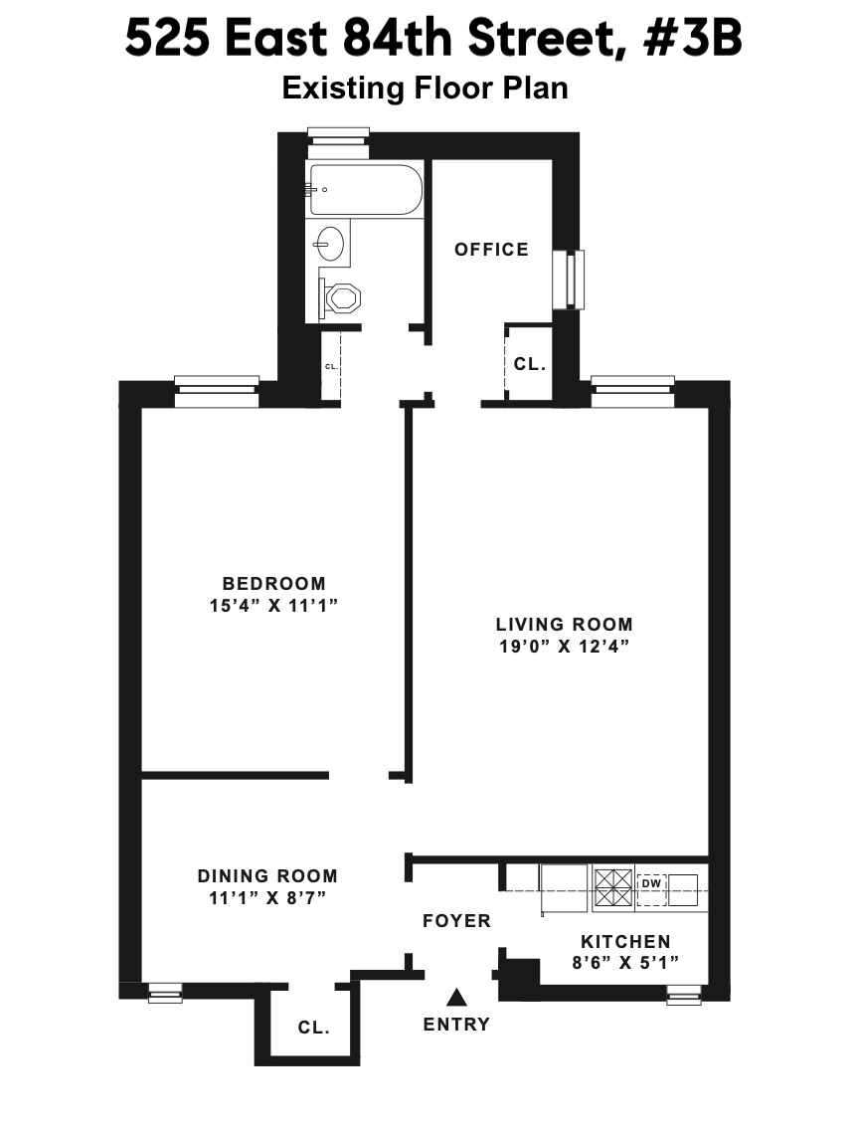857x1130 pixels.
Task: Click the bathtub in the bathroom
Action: [364, 189]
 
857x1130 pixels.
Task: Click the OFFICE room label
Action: [491, 250]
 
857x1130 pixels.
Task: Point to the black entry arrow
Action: [456, 997]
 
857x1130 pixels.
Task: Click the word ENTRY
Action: [456, 1025]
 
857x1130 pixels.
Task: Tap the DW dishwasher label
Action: [651, 883]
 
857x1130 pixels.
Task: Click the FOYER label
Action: [456, 921]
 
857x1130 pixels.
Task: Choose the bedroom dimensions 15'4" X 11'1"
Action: [273, 605]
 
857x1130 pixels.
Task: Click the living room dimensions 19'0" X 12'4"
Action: [564, 646]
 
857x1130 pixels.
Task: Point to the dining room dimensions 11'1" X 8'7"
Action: [267, 897]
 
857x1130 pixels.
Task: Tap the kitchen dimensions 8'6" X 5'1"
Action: [625, 962]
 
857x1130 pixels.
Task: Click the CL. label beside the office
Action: [529, 365]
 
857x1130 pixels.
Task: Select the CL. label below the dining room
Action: [314, 1029]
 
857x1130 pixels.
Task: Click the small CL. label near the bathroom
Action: [331, 367]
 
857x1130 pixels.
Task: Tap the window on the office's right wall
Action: [569, 279]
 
